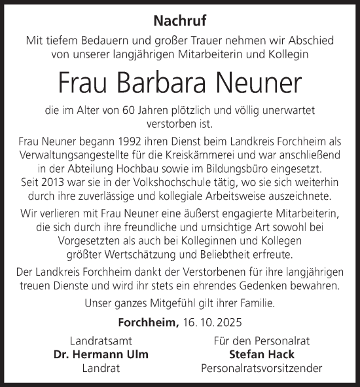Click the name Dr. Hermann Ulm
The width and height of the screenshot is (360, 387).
coord(101,355)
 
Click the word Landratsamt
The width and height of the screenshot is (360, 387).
coord(101,341)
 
